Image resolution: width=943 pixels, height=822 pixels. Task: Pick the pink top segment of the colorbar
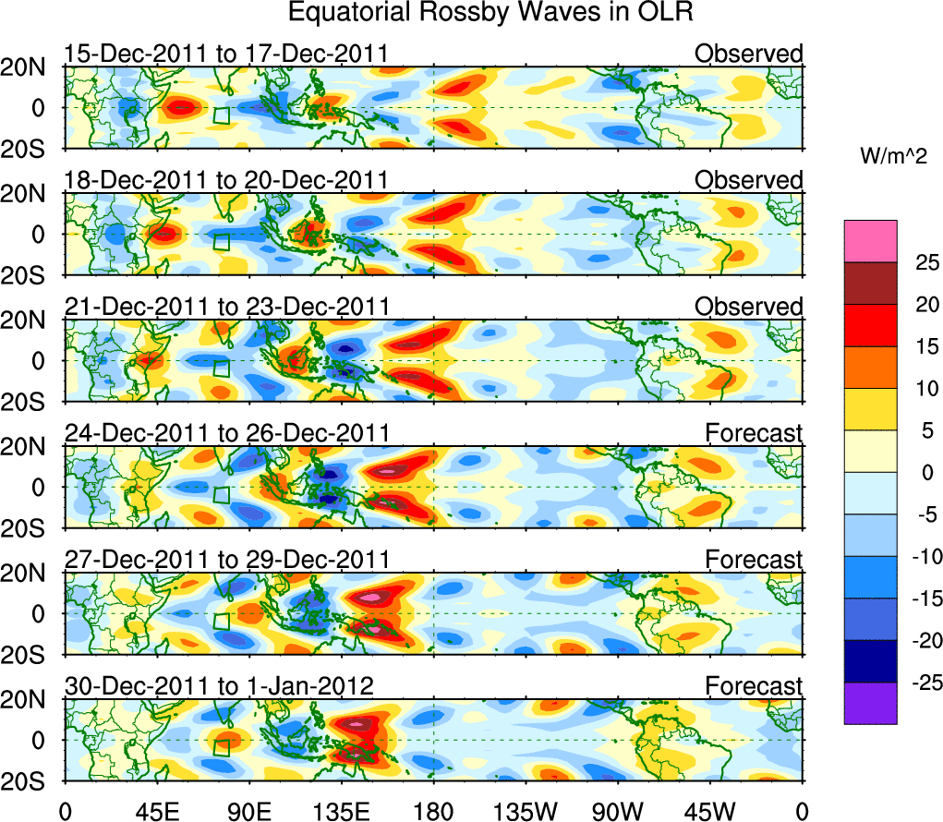869,241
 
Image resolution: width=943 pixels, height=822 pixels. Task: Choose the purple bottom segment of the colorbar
869,703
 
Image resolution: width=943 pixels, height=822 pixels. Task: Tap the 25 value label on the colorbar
923,263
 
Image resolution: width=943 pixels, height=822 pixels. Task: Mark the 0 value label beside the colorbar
924,473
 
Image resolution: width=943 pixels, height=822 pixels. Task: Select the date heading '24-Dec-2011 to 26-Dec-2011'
226,432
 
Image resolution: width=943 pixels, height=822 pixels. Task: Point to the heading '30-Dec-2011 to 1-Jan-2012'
219,685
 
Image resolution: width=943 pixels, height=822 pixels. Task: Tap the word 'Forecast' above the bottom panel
755,685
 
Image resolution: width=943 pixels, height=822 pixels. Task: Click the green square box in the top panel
221,115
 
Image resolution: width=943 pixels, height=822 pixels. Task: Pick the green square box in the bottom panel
221,748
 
